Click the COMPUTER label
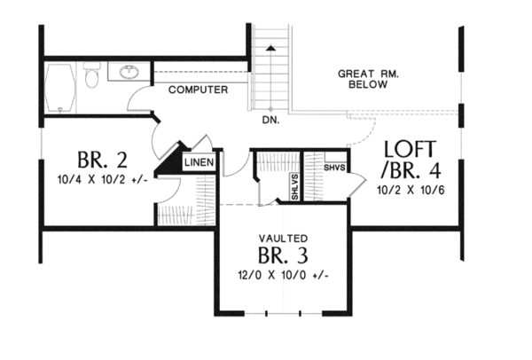coord(198,90)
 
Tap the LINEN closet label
coord(198,163)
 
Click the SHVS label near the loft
coord(333,168)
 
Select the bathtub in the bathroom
coord(60,89)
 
